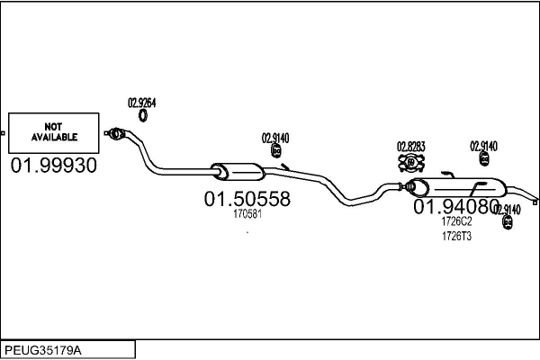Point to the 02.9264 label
(141, 102)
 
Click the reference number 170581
(247, 214)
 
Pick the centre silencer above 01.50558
(234, 171)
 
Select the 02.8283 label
(411, 146)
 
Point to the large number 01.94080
(455, 207)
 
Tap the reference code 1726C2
(456, 221)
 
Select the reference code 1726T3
(456, 236)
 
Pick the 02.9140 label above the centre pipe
(275, 138)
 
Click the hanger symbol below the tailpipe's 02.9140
(508, 221)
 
